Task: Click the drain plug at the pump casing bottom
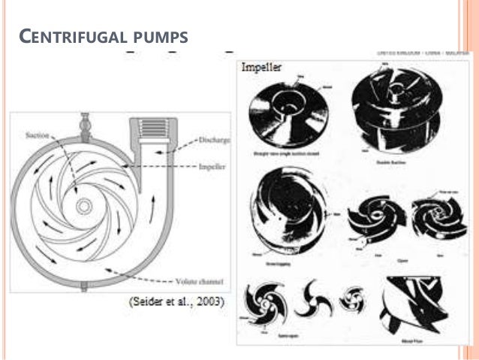85,286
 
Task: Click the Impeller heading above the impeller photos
262,68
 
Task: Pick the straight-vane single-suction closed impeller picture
285,118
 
